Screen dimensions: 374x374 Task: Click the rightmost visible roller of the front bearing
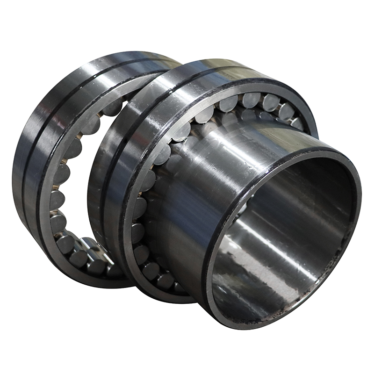[297, 123]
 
